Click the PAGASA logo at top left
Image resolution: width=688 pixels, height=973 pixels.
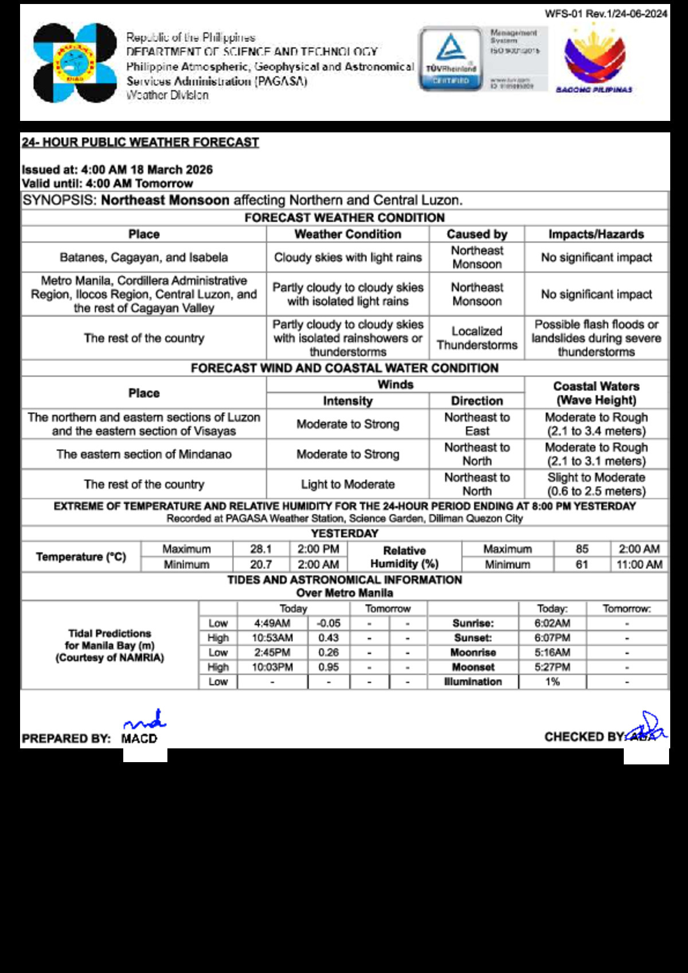(x=75, y=63)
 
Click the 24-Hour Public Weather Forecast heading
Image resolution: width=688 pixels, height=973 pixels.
(x=140, y=142)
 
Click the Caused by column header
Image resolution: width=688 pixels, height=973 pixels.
(x=476, y=234)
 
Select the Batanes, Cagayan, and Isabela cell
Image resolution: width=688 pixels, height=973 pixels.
(x=144, y=257)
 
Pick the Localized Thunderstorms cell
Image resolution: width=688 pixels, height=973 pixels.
(x=476, y=338)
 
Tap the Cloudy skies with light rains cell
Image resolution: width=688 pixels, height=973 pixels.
(x=347, y=257)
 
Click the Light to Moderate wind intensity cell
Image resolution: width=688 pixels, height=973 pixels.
(x=347, y=484)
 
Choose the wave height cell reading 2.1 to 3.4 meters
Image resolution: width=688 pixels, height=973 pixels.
(x=596, y=424)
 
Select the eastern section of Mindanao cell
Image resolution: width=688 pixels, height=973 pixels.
(x=144, y=454)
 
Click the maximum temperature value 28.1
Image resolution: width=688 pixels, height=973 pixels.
(x=261, y=549)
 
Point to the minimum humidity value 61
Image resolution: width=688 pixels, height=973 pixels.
(x=582, y=564)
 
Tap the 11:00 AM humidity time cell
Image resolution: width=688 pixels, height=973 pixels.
(x=639, y=564)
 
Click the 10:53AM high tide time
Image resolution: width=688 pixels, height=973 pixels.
(x=272, y=638)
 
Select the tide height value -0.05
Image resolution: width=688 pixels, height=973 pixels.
(x=329, y=623)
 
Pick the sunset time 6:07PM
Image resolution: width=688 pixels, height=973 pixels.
(x=552, y=638)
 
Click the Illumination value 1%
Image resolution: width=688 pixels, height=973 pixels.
(x=552, y=682)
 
